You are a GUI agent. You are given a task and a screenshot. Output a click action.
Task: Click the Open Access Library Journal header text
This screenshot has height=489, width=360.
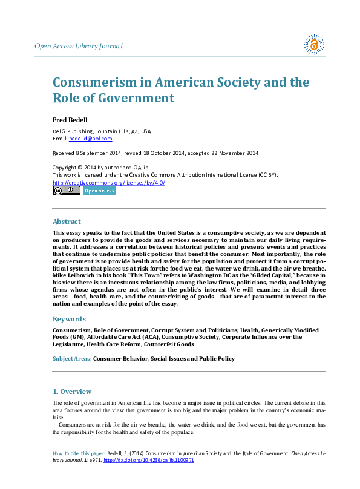click(x=79, y=46)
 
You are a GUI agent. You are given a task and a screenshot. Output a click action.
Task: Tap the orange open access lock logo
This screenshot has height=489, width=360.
click(x=314, y=44)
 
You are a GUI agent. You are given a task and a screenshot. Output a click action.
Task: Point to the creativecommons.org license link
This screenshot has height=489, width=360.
click(x=108, y=182)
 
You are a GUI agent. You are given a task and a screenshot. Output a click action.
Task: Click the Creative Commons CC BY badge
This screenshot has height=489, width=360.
click(x=66, y=191)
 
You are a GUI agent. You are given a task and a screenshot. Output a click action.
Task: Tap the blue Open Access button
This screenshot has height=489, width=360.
click(x=99, y=191)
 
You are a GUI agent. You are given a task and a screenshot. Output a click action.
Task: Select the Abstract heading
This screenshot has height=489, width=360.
click(x=67, y=222)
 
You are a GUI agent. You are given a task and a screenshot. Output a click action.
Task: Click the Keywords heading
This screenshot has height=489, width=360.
click(x=70, y=319)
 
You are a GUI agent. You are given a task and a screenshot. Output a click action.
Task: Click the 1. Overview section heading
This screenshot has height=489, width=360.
click(x=72, y=392)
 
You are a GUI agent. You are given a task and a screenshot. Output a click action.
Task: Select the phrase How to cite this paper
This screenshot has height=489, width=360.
click(x=79, y=453)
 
